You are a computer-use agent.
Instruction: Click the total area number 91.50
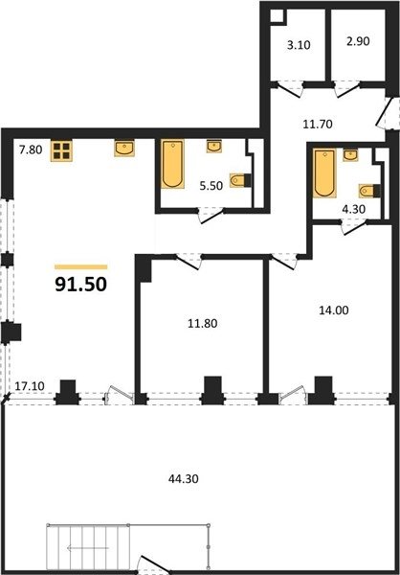(x=81, y=285)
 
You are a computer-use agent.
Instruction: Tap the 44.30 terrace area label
(x=184, y=478)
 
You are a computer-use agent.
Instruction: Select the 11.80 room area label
(x=202, y=324)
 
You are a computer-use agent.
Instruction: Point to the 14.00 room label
(x=334, y=310)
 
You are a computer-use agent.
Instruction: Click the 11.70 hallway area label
(x=318, y=125)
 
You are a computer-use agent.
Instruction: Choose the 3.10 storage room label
(x=299, y=45)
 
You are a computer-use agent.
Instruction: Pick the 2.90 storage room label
(x=358, y=41)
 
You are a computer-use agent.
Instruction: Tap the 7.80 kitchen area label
(x=31, y=150)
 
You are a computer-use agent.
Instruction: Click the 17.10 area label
(x=30, y=386)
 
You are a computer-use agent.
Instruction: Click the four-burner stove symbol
(x=61, y=150)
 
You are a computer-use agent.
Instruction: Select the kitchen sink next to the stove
(x=124, y=149)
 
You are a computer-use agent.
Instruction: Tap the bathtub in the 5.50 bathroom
(x=172, y=164)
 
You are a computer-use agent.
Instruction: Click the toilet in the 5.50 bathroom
(x=240, y=180)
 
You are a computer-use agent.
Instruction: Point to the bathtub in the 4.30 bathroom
(x=324, y=173)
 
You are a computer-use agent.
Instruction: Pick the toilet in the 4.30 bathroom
(x=369, y=191)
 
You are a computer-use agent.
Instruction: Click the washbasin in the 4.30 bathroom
(x=350, y=155)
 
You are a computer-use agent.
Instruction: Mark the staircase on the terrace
(x=88, y=548)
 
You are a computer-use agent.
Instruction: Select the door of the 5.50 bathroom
(x=211, y=216)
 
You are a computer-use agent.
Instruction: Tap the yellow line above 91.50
(x=81, y=267)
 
